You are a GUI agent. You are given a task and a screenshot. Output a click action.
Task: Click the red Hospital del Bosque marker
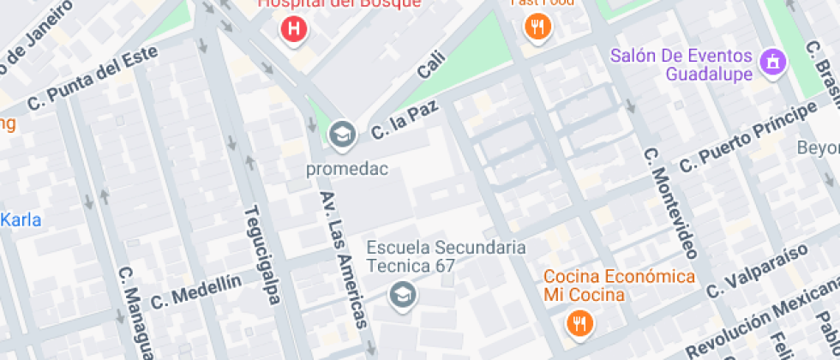tap(294, 28)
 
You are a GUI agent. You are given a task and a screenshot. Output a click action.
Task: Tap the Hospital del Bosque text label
tap(340, 3)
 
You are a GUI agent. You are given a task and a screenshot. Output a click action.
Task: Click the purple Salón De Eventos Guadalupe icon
tap(773, 61)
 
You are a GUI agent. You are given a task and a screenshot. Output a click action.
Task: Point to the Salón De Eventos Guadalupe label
tap(681, 65)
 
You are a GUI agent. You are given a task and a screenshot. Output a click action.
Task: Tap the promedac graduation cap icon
tap(342, 134)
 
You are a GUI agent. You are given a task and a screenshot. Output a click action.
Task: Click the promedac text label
tap(347, 169)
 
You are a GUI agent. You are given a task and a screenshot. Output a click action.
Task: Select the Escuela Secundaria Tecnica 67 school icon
tap(399, 297)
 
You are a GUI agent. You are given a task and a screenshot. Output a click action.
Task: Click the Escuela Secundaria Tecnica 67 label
tap(446, 256)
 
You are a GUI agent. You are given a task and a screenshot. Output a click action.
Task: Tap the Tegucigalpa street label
tap(262, 255)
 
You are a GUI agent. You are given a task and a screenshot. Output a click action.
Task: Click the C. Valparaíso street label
tap(757, 271)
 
